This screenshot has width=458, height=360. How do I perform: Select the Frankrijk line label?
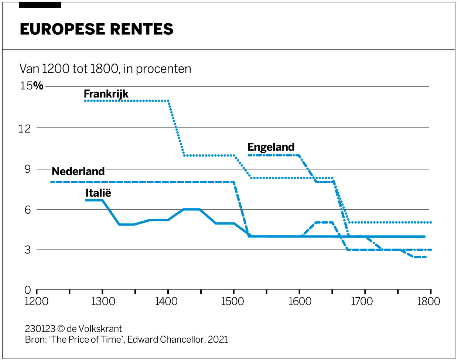click(106, 94)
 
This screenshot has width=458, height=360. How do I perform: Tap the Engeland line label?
click(271, 147)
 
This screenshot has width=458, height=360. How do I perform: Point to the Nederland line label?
click(78, 171)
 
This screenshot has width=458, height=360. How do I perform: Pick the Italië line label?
click(98, 193)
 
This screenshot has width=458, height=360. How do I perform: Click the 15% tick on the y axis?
click(31, 86)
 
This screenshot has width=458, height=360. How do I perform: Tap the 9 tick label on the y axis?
click(28, 169)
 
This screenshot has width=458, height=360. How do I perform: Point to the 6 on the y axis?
click(28, 210)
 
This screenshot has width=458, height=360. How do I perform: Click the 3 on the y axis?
click(28, 250)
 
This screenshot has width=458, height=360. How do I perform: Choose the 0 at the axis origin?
click(28, 291)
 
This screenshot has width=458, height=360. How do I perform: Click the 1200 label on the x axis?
click(36, 302)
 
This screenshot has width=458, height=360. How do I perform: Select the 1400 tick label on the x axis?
click(166, 302)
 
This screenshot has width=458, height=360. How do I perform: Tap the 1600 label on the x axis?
click(300, 302)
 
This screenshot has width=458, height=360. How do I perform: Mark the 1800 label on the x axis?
click(428, 302)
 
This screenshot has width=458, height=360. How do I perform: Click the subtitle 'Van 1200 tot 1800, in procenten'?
click(105, 69)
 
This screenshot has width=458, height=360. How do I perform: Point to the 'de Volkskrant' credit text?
click(94, 329)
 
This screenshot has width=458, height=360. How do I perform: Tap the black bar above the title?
click(40, 5)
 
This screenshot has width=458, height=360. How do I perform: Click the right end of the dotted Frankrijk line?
click(430, 223)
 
